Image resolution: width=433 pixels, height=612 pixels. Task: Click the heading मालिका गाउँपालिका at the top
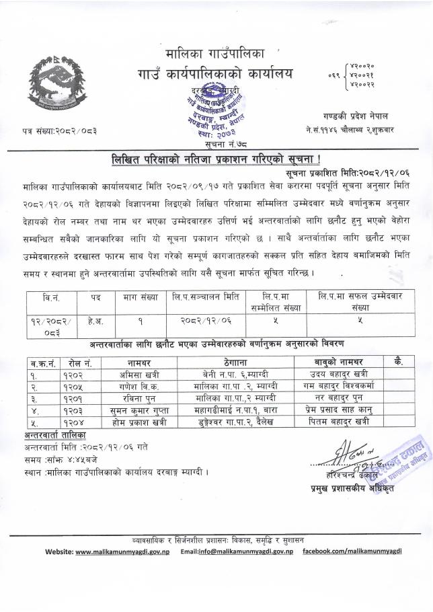coord(216,52)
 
